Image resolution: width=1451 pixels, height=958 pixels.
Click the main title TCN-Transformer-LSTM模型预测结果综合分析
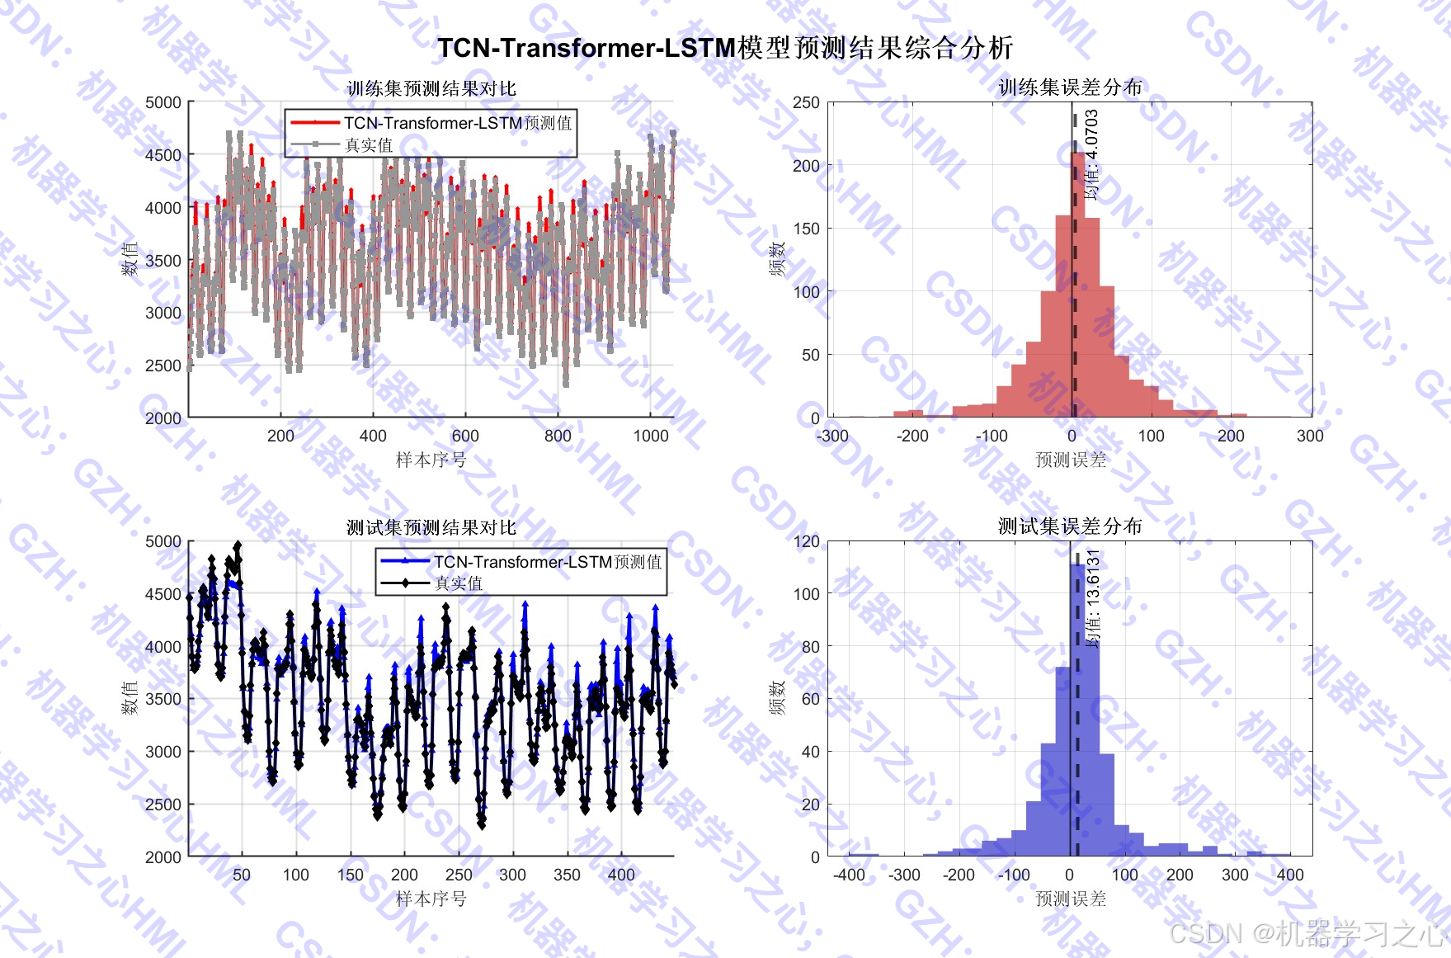coord(724,48)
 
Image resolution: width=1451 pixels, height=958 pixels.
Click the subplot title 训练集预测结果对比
coord(431,88)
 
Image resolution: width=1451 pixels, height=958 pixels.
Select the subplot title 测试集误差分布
coord(1069,526)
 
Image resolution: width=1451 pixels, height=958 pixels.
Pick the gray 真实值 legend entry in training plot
coord(368,145)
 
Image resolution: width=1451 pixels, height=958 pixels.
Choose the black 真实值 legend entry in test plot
coord(458,583)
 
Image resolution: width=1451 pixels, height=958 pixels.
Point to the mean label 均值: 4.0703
coord(1091,155)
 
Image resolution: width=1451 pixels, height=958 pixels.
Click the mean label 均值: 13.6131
coord(1093,598)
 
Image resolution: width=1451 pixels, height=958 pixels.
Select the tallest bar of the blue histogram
coord(1077,710)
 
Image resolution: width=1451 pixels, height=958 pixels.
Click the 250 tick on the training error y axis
coord(806,102)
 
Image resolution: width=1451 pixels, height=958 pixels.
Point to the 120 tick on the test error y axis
coord(806,541)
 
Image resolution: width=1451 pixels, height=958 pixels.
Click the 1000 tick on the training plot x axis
coord(650,436)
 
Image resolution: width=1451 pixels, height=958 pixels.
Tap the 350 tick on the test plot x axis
coord(567,875)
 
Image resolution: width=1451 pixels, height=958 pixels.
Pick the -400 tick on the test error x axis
coord(849,875)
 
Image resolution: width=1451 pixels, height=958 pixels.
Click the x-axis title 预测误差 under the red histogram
coord(1070,460)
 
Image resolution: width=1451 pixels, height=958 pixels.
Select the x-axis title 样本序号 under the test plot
coord(431,899)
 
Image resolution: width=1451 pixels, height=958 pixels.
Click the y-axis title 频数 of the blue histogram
coord(776,698)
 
